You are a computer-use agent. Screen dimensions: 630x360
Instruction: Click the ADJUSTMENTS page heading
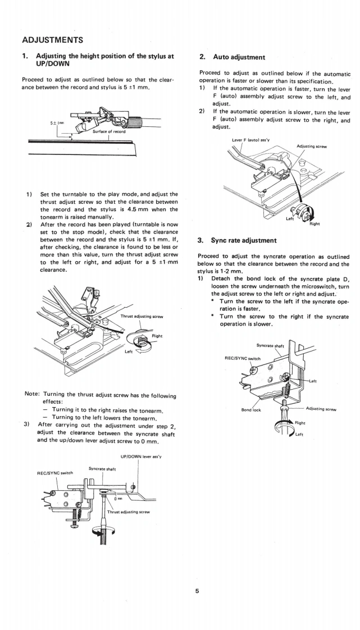tap(53, 40)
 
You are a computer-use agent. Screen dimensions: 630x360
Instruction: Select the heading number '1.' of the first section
tap(25, 57)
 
